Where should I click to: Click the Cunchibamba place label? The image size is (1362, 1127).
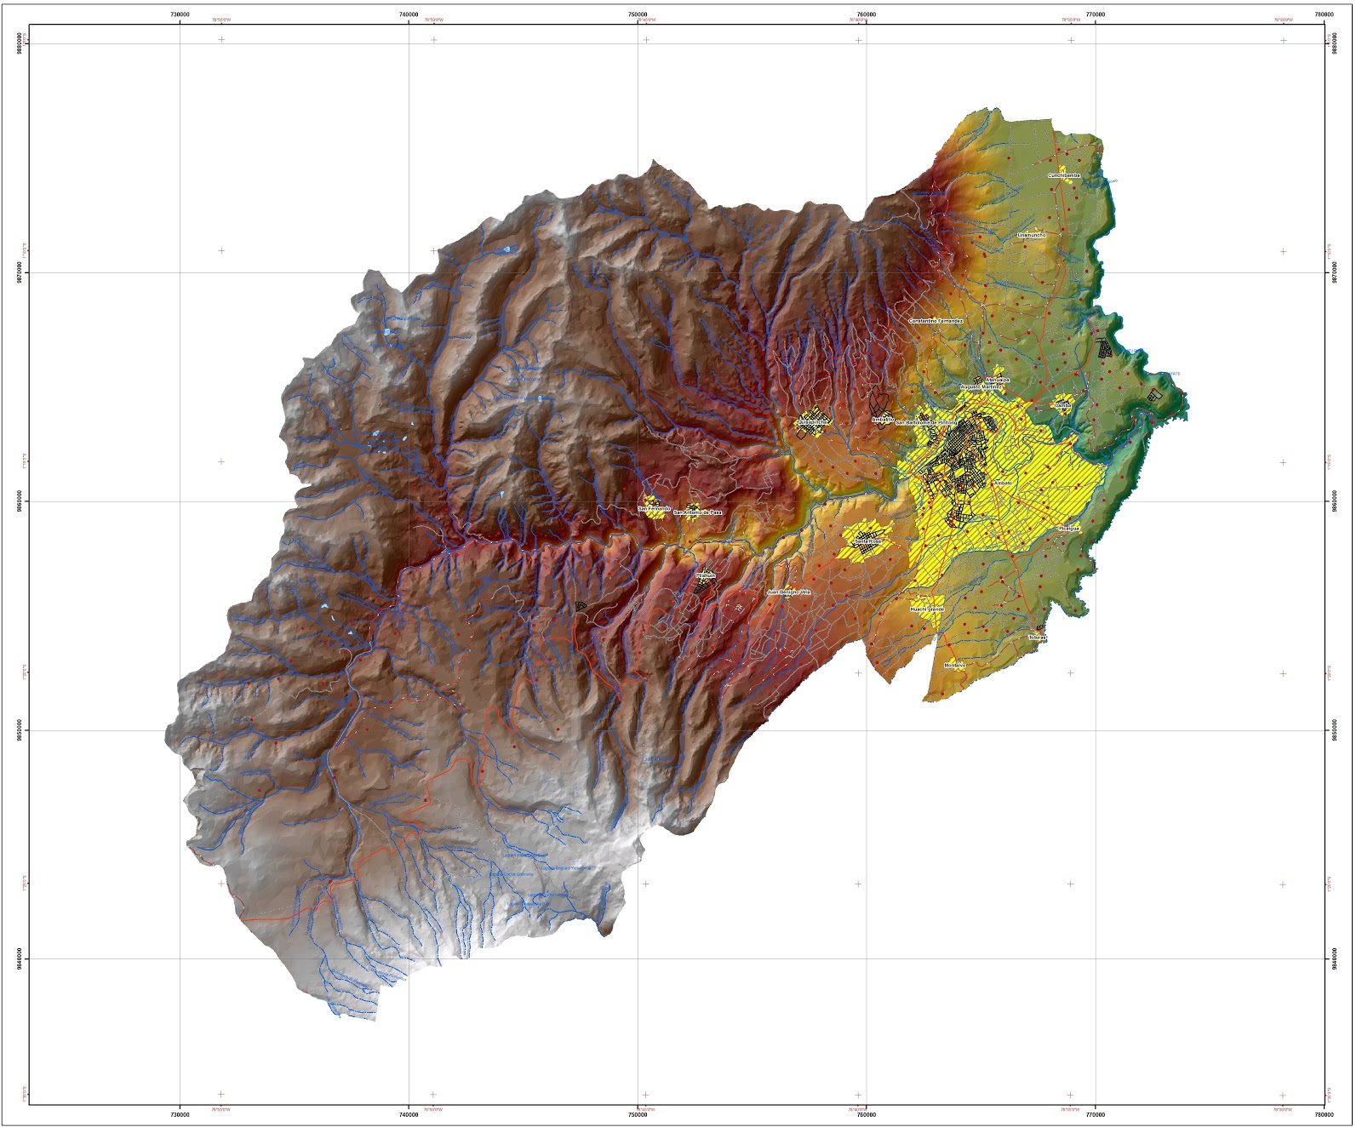(1063, 175)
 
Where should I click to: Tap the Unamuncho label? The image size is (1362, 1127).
(1031, 235)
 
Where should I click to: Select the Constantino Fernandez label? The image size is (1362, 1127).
(936, 321)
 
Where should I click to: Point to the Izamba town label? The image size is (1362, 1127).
(1063, 406)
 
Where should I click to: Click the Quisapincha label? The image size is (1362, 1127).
(812, 421)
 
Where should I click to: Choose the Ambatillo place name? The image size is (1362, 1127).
(882, 419)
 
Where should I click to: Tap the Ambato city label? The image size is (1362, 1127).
(1003, 483)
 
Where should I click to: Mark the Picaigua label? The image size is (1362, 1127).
(1068, 529)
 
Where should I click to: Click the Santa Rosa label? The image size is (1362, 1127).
(868, 541)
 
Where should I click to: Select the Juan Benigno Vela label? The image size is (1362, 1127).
(788, 592)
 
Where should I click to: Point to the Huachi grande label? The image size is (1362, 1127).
(927, 609)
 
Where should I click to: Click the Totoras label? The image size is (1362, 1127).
(1037, 638)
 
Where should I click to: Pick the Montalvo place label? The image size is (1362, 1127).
(954, 665)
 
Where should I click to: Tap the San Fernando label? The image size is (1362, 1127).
(654, 509)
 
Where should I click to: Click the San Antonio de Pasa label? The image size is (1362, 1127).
(697, 512)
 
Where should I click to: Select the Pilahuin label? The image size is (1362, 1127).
(706, 575)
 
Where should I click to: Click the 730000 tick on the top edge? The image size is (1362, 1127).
(180, 14)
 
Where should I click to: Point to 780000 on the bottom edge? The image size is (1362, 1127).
(1324, 1113)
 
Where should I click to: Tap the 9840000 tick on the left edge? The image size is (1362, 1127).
(19, 958)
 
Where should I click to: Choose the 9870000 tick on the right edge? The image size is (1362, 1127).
(1334, 272)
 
